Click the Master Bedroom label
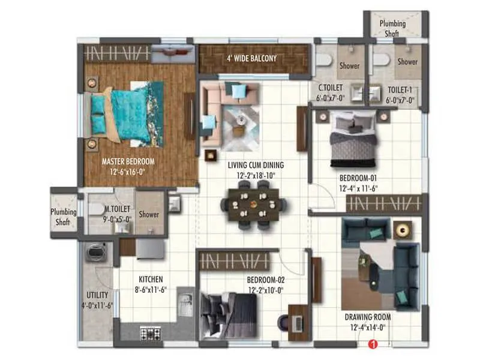128,161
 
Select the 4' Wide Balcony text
251,59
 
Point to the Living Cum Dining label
256,165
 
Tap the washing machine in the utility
97,254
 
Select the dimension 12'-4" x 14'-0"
368,327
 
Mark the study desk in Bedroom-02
298,316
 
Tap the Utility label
97,295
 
